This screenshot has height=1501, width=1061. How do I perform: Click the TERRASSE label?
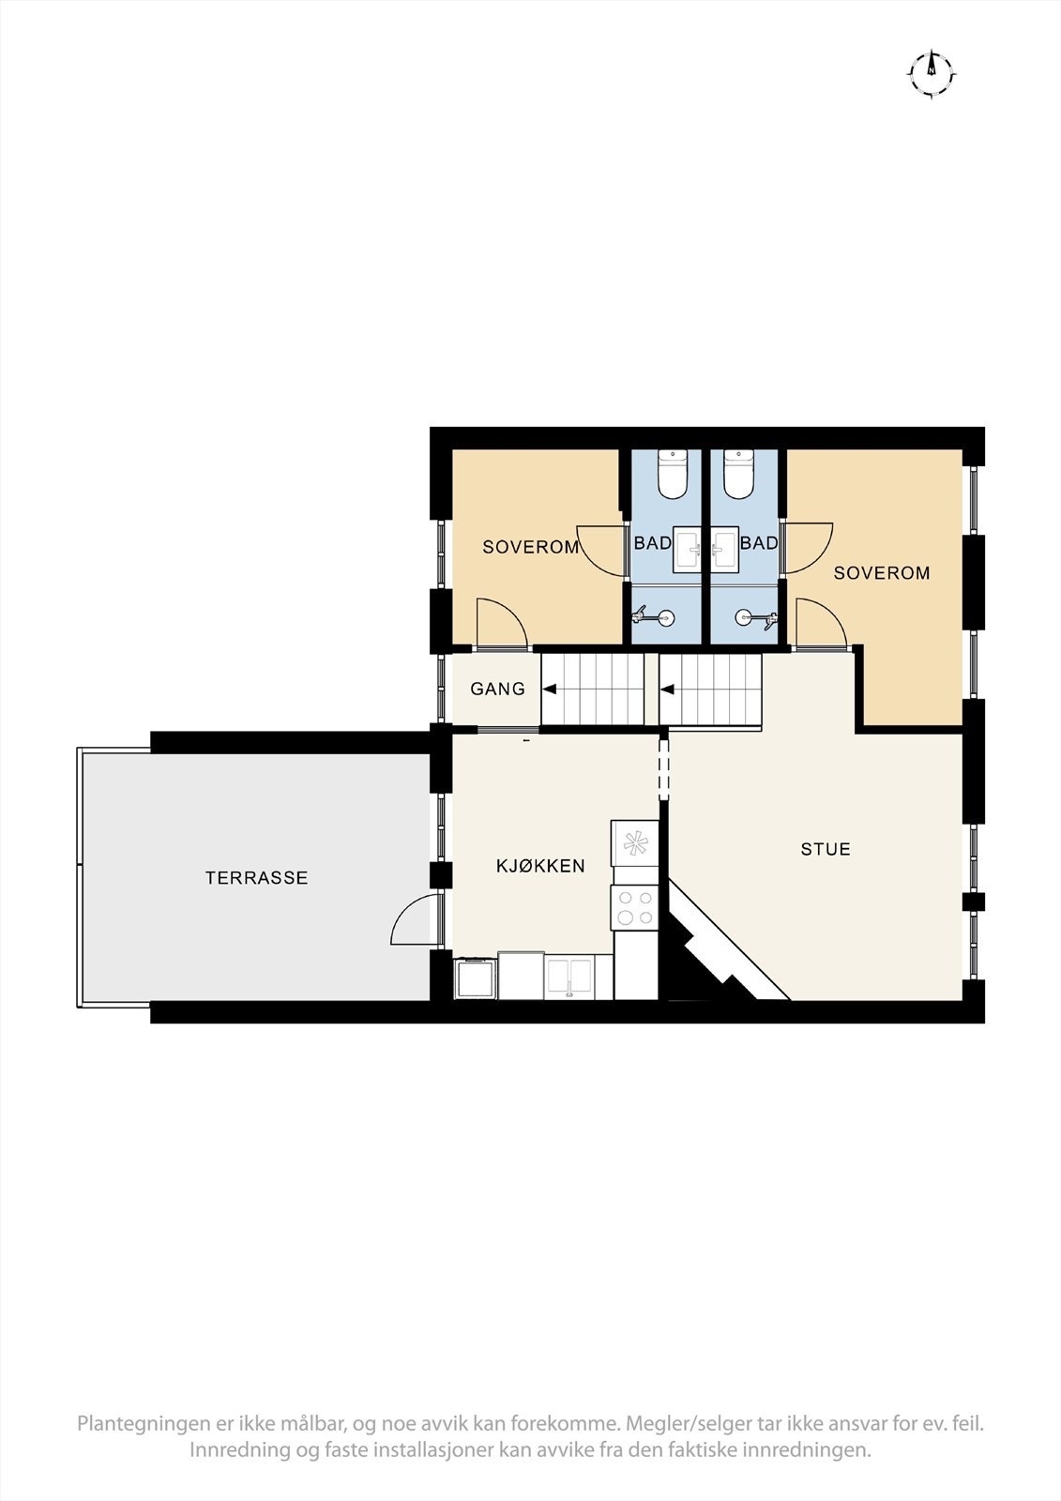[x=256, y=878]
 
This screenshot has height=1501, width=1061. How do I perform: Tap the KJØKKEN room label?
[x=540, y=866]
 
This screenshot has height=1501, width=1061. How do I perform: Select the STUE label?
[x=826, y=849]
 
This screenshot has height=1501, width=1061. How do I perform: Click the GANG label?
[x=497, y=690]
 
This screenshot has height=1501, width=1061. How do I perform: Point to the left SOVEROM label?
[x=530, y=547]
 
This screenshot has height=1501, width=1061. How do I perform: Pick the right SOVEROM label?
[x=882, y=572]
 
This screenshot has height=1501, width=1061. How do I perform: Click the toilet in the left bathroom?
[x=673, y=474]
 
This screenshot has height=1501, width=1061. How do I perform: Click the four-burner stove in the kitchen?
[x=634, y=907]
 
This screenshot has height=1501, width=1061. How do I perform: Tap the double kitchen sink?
[x=569, y=977]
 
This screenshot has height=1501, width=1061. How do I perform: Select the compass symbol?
[x=932, y=71]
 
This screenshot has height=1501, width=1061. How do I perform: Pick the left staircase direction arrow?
[x=549, y=690]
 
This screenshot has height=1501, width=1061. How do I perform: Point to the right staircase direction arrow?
[x=668, y=690]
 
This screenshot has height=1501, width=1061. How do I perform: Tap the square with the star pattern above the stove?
[x=635, y=842]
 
